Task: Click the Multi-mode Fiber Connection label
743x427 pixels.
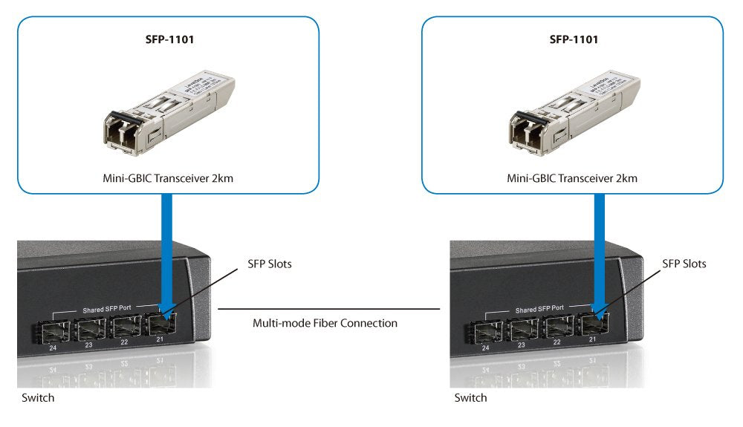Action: click(x=325, y=323)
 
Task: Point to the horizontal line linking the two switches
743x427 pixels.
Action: click(x=327, y=307)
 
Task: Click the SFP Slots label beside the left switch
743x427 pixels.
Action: click(x=270, y=264)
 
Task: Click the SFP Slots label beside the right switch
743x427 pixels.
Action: click(x=684, y=264)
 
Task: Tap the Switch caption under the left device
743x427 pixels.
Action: click(x=36, y=398)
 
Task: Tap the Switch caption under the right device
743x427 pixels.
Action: click(x=470, y=398)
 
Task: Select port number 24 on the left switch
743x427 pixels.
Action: click(x=51, y=347)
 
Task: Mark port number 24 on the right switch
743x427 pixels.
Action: click(x=484, y=347)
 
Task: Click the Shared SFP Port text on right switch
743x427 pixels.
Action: click(x=539, y=307)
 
